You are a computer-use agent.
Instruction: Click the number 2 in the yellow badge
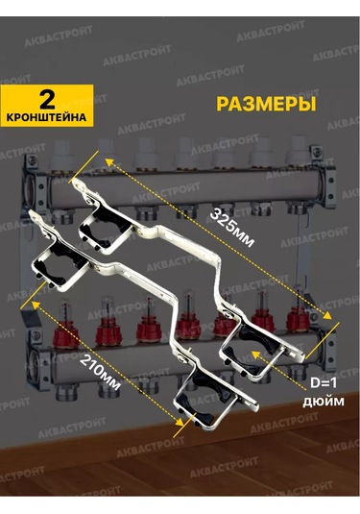pyautogui.click(x=44, y=98)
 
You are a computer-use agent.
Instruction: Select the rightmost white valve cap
pyautogui.click(x=300, y=152)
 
